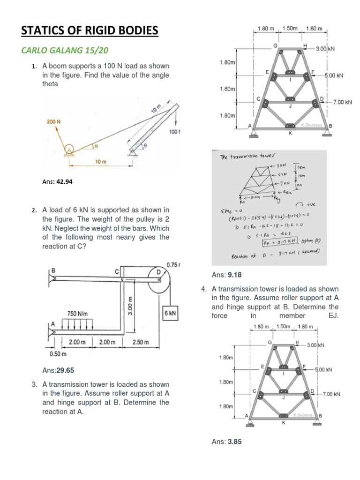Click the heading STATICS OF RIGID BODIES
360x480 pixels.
[x=90, y=31]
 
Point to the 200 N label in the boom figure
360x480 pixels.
[x=54, y=121]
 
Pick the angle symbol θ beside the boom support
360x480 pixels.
[x=145, y=146]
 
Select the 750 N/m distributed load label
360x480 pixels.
[x=78, y=313]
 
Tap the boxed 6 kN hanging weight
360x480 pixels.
[x=170, y=314]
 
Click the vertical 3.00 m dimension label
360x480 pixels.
[x=131, y=304]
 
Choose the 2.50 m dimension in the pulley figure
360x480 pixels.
[x=140, y=342]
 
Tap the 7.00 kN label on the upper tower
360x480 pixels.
[x=342, y=102]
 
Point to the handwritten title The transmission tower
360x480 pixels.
[x=248, y=157]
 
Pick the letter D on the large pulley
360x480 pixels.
[x=158, y=271]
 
